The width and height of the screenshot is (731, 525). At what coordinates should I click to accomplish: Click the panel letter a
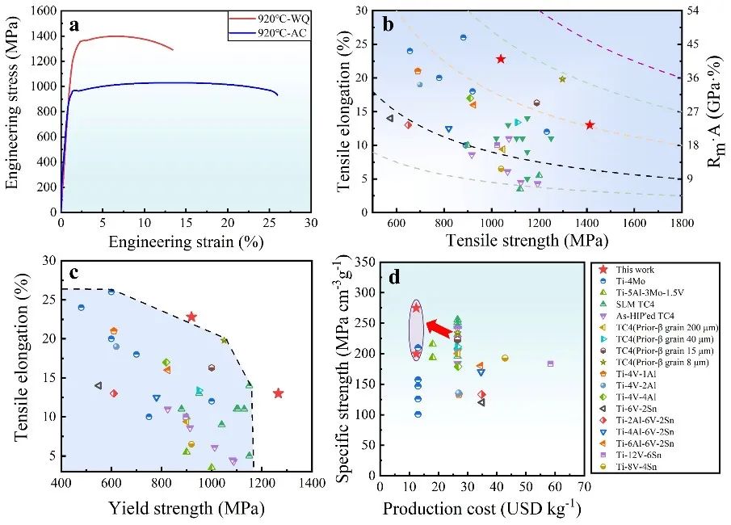click(74, 25)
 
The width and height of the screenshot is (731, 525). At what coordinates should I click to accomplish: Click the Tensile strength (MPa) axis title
click(530, 241)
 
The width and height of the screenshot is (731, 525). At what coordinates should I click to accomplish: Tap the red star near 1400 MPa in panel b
click(590, 124)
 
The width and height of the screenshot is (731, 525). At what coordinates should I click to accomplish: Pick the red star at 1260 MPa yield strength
click(279, 393)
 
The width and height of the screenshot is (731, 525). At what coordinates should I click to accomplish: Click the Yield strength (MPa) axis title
click(187, 510)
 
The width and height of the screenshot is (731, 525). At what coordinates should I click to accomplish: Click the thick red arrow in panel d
click(438, 328)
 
